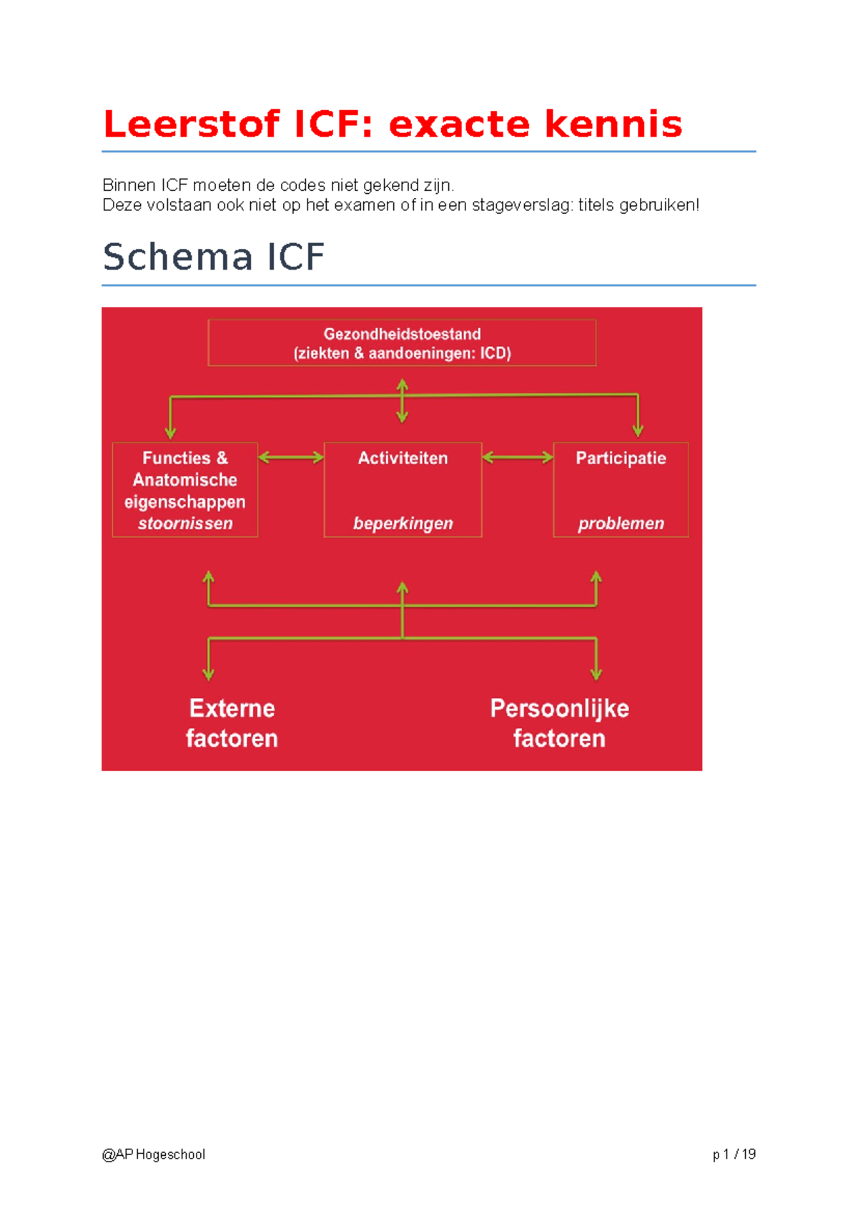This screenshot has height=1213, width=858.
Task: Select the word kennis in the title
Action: point(613,124)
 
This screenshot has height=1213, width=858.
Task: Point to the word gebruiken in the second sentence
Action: point(657,205)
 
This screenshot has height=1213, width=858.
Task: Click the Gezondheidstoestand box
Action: point(402,343)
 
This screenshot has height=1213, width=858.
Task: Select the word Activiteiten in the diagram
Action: point(403,458)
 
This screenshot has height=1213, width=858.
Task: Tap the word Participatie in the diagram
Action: point(621,458)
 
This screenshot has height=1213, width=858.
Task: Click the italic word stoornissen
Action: point(185,524)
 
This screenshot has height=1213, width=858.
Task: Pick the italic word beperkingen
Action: point(403,524)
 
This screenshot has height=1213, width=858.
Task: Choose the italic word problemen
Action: point(621,524)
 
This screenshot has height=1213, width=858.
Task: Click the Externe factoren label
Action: point(232,723)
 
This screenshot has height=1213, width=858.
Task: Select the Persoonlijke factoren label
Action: point(559,723)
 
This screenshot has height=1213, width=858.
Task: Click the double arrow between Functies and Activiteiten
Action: point(290,458)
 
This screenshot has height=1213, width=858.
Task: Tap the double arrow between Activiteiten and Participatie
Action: point(518,458)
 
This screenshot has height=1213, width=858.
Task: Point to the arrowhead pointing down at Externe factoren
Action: point(208,674)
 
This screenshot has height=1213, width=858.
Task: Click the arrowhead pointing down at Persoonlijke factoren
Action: point(596,674)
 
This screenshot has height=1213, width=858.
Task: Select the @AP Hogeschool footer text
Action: point(154,1154)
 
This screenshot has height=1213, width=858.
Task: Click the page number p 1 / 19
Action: point(734,1154)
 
